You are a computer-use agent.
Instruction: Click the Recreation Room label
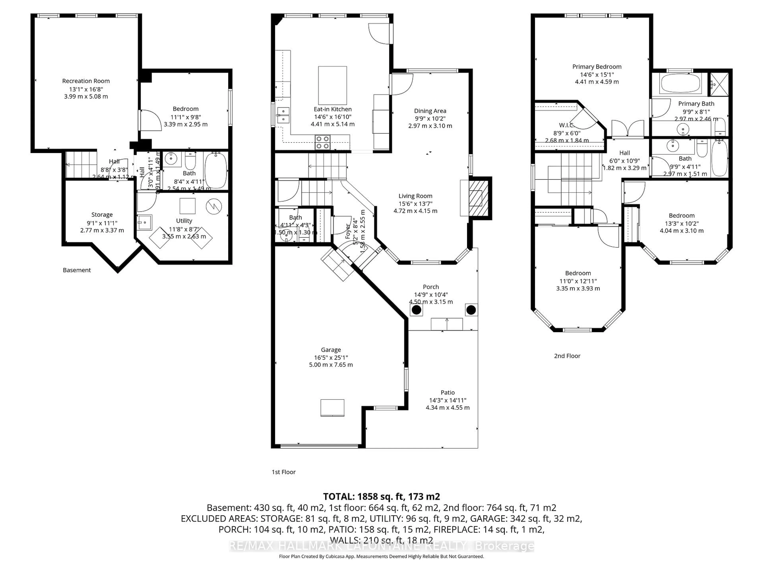(x=86, y=81)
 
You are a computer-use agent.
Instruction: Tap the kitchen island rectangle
(x=332, y=85)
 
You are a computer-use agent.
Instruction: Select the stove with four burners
(x=322, y=142)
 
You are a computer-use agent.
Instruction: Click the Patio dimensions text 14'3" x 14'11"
(x=447, y=400)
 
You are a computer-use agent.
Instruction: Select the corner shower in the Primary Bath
(x=718, y=84)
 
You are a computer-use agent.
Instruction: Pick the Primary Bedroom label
(x=597, y=67)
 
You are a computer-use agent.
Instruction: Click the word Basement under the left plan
(x=76, y=270)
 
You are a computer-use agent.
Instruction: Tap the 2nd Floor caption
(x=567, y=356)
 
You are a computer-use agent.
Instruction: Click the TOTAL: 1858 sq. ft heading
(x=381, y=497)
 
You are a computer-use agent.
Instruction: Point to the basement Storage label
(x=102, y=214)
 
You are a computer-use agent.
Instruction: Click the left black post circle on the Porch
(x=416, y=310)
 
